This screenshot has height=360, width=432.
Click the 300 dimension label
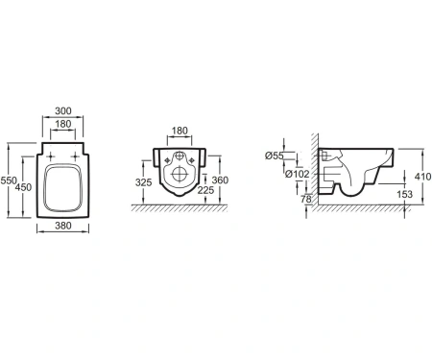[x=63, y=111]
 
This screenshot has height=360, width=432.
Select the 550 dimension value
[x=9, y=180]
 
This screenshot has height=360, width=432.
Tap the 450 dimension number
[x=23, y=187]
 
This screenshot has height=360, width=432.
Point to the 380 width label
[x=63, y=226]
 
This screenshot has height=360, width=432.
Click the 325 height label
[x=143, y=182]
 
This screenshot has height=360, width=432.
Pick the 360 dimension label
[x=220, y=180]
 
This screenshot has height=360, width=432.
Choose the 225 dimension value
[x=205, y=190]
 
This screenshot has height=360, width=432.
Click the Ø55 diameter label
[x=275, y=156]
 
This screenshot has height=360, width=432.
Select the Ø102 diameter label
[x=298, y=174]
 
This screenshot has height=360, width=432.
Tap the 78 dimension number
[x=306, y=200]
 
